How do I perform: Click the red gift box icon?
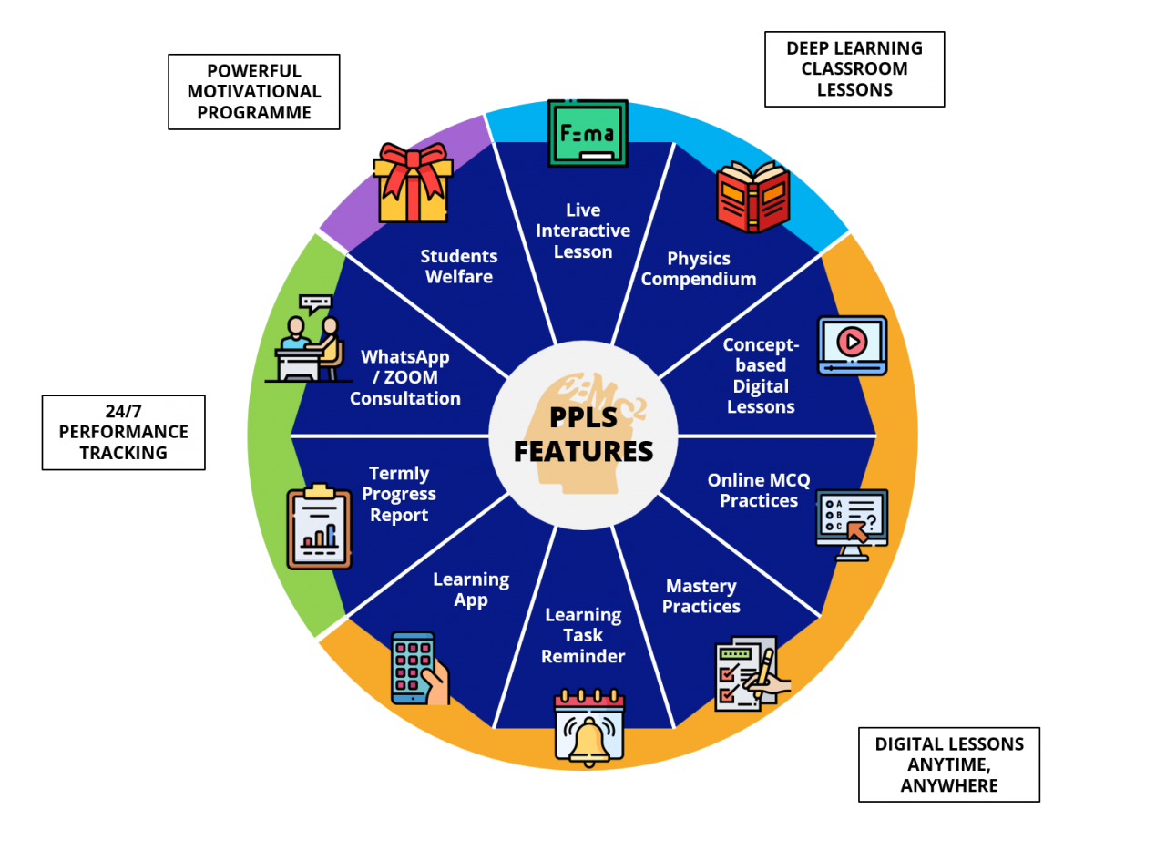point(414,183)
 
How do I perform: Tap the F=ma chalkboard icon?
point(588,134)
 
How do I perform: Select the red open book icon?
point(752,196)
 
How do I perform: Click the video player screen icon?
point(852,344)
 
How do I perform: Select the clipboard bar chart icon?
point(319,528)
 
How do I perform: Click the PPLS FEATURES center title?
point(583,434)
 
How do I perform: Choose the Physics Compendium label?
point(699,269)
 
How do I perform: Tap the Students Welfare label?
point(459,266)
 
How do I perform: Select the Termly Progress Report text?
point(399,494)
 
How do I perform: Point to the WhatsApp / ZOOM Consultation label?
point(405,377)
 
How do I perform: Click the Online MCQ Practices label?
point(758,490)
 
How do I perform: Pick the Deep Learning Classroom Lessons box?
point(854,69)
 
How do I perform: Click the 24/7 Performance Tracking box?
point(124,432)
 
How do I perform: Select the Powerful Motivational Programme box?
point(254,92)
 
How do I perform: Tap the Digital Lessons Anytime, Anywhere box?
point(949,764)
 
